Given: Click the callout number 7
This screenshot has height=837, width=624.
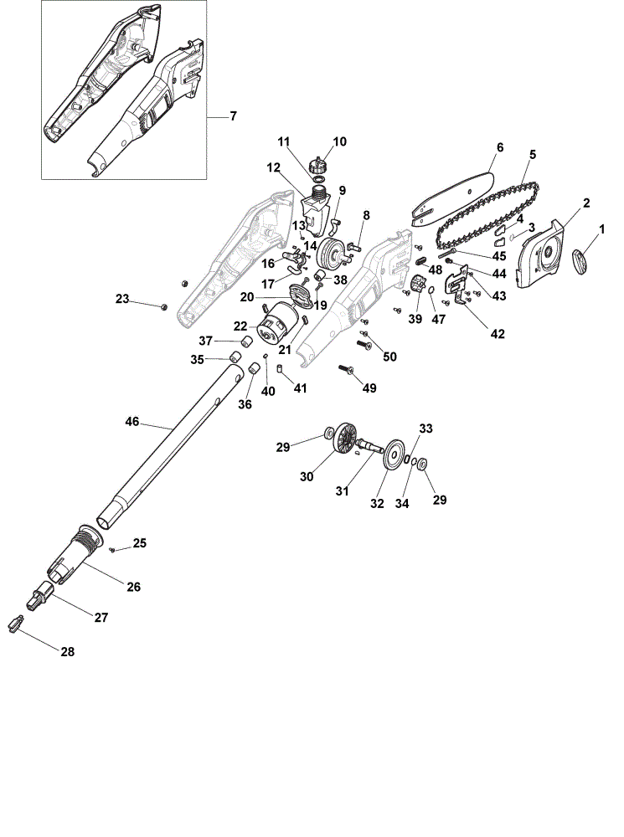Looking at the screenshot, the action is coord(233,116).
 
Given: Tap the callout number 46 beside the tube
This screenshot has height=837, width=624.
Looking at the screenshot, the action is coord(132,422).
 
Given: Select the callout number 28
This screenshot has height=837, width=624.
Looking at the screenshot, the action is coord(68,652).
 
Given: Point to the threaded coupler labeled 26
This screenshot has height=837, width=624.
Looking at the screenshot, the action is coord(75,553).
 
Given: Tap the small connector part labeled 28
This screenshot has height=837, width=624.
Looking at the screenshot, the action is coord(16,624).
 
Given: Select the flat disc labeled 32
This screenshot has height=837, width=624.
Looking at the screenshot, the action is coord(394,454).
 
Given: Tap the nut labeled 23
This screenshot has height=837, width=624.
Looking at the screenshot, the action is coord(164,306).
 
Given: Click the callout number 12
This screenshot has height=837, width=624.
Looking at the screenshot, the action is coord(274,168).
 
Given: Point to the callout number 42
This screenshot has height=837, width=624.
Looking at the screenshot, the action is coord(498,334).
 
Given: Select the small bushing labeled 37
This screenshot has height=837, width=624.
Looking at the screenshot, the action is coord(247,341).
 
